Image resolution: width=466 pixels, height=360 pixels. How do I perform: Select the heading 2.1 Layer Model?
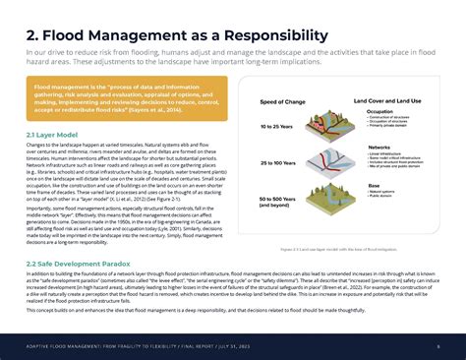(52, 134)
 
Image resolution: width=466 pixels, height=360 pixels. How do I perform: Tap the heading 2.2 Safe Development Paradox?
(79, 264)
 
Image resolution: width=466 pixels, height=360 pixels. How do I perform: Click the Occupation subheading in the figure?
(380, 112)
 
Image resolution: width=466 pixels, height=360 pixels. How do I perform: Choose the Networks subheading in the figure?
(379, 148)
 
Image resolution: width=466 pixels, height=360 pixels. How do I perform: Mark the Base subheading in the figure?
(374, 184)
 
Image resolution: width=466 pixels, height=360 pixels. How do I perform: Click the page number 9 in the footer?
(437, 346)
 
